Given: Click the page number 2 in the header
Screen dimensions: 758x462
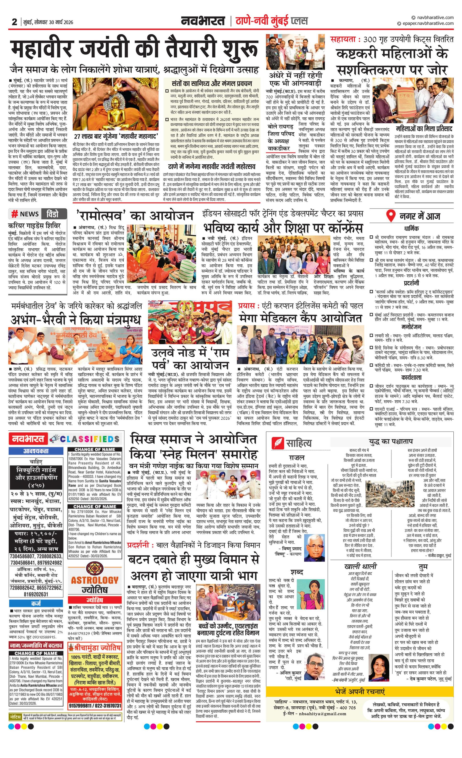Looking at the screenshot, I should coord(14,22).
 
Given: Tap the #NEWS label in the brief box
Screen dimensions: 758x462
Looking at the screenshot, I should coord(25,214).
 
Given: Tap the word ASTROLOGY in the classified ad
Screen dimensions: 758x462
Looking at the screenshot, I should coord(94,580).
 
